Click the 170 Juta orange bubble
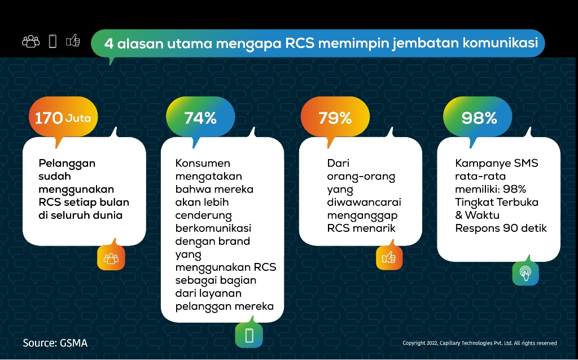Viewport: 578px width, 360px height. click(63, 117)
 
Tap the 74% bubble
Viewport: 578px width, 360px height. click(200, 117)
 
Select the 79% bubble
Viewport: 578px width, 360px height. click(335, 117)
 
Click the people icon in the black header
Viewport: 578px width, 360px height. click(31, 41)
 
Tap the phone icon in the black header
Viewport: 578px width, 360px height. click(52, 41)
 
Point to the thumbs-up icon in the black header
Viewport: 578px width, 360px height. click(73, 41)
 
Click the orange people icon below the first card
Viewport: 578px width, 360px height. click(111, 258)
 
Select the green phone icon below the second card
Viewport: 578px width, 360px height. click(249, 335)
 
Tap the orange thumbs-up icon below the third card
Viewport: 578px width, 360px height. click(389, 257)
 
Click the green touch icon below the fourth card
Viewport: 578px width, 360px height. click(526, 273)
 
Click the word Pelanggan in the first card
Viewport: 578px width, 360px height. click(67, 164)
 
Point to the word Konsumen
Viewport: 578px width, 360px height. click(203, 163)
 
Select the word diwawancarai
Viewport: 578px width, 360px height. click(364, 203)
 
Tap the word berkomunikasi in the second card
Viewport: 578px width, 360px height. click(213, 228)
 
